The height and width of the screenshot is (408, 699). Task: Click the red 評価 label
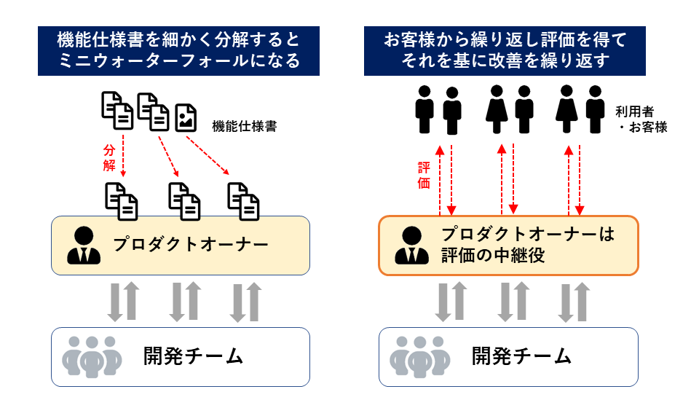click(x=424, y=176)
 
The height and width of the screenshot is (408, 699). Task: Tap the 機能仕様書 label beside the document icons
click(x=244, y=125)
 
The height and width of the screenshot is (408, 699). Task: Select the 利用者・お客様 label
click(x=641, y=119)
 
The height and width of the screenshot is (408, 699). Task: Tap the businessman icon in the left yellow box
click(x=84, y=246)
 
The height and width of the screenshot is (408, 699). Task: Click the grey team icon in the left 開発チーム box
click(x=91, y=356)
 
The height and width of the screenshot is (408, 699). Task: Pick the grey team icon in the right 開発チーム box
click(x=418, y=356)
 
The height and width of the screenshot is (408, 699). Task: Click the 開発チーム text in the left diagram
click(x=193, y=357)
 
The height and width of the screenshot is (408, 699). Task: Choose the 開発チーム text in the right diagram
click(x=521, y=357)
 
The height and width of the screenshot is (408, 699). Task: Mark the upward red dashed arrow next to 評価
click(x=440, y=179)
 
